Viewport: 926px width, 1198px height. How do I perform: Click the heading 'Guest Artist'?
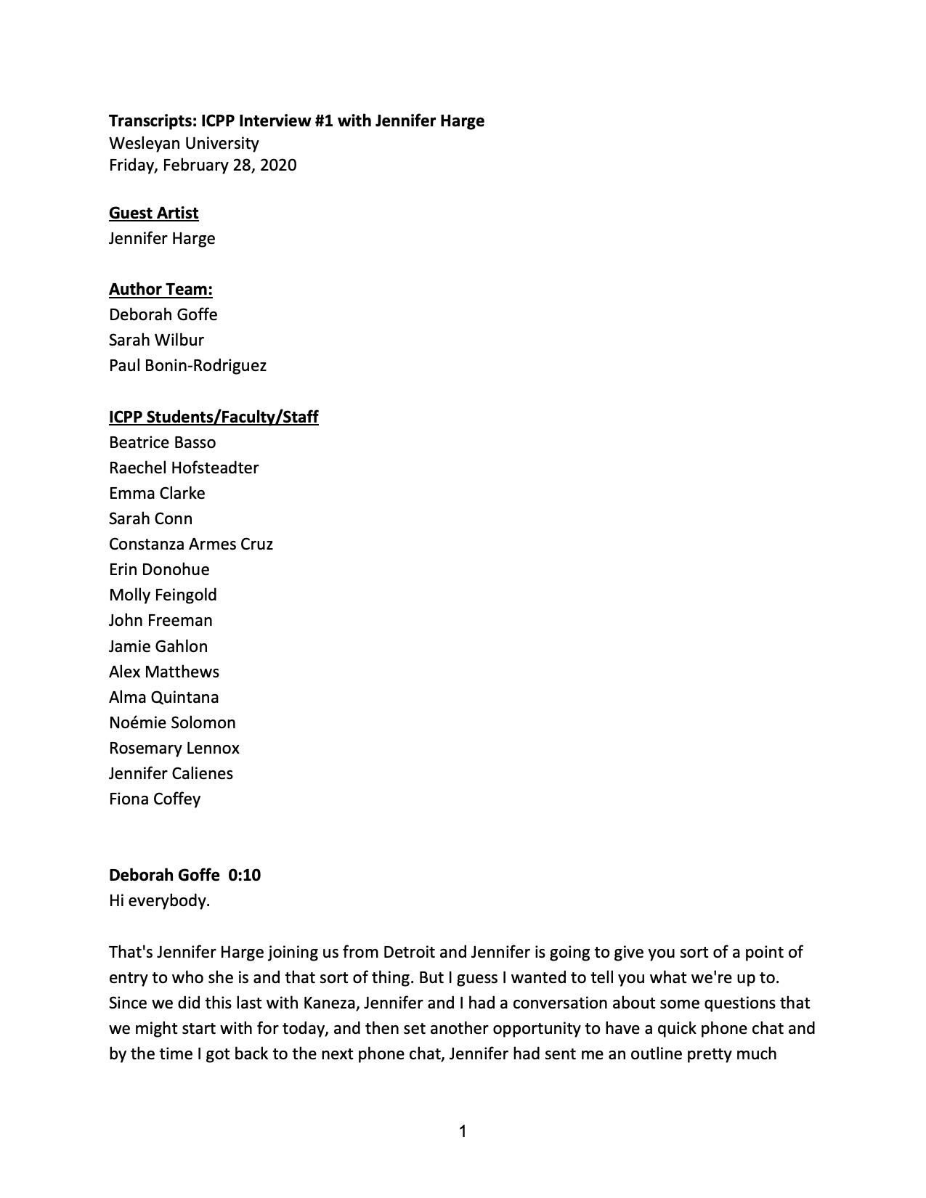pos(153,213)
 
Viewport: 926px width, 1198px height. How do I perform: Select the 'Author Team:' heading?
pos(161,289)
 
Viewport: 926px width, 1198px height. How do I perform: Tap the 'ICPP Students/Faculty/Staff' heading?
pos(214,417)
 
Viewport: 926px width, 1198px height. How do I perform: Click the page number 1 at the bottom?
pos(463,1130)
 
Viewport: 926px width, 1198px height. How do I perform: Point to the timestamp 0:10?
pos(244,875)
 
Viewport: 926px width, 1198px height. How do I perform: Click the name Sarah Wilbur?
pos(156,340)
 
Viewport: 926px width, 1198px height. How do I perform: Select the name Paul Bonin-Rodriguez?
pos(187,365)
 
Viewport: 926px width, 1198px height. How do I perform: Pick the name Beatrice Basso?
pos(162,442)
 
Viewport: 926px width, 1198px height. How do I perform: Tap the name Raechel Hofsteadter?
pos(184,468)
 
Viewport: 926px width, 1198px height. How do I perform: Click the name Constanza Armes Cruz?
pos(191,544)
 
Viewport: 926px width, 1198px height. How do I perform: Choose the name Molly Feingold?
pos(163,595)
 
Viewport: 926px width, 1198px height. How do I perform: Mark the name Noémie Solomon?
pos(172,722)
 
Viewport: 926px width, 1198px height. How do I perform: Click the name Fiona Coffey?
pos(155,799)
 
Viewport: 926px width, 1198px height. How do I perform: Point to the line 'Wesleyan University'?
pos(184,143)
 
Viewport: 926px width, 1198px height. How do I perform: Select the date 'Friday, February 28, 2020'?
pos(203,165)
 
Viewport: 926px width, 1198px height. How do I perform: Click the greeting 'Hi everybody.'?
pos(159,901)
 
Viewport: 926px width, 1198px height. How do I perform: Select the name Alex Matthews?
pos(164,672)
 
